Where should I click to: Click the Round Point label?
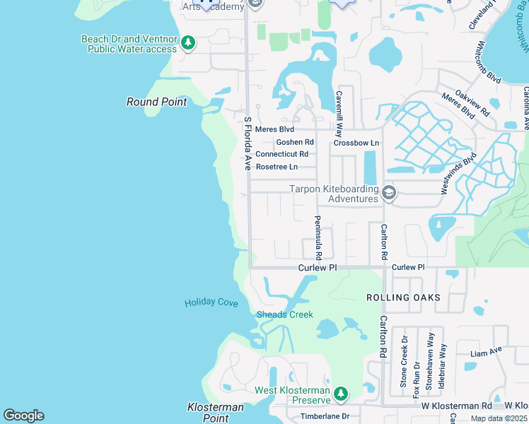click(x=156, y=102)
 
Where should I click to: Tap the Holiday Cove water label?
click(x=211, y=302)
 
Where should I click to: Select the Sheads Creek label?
click(x=284, y=314)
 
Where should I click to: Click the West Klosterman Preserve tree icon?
click(x=341, y=392)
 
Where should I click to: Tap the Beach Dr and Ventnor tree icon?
click(x=188, y=44)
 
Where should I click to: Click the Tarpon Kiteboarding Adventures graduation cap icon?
click(x=388, y=192)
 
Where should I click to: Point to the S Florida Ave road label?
click(x=248, y=143)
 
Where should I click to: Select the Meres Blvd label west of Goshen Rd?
click(x=274, y=129)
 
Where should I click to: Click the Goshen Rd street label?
click(x=294, y=142)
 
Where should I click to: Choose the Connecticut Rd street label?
click(x=281, y=154)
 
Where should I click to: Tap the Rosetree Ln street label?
click(x=277, y=167)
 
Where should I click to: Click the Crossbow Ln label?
click(x=356, y=143)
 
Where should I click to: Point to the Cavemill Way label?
click(x=339, y=113)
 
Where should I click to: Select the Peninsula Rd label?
click(x=318, y=237)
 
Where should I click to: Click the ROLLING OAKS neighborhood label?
click(x=403, y=298)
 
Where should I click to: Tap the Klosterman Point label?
click(x=215, y=412)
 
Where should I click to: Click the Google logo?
click(x=23, y=416)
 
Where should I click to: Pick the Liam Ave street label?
click(x=486, y=351)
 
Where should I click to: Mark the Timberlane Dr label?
click(x=325, y=417)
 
